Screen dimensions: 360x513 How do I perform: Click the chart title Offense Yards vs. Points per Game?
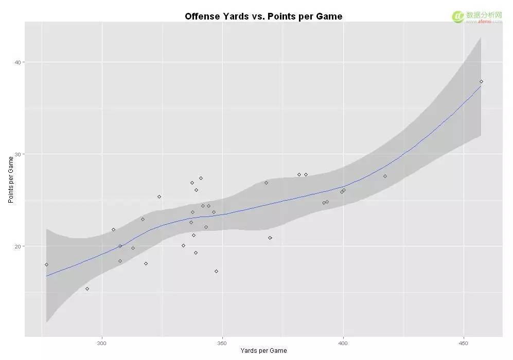click(x=263, y=16)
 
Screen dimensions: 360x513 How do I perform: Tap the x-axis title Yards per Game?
click(x=264, y=351)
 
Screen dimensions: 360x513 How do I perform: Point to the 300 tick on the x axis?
click(x=102, y=343)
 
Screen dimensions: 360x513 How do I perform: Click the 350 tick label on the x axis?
click(x=222, y=343)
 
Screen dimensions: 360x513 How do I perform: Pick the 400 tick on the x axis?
click(x=343, y=343)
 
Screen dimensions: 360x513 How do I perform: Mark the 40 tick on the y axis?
click(x=17, y=62)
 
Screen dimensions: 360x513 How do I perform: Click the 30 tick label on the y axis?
click(x=17, y=154)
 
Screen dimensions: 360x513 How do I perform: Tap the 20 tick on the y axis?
click(x=17, y=246)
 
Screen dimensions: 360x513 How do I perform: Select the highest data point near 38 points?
click(x=481, y=81)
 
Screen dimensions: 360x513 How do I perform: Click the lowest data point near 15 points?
click(x=87, y=289)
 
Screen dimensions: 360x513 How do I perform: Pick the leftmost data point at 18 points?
click(x=46, y=264)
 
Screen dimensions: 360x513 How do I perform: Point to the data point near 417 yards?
click(x=385, y=176)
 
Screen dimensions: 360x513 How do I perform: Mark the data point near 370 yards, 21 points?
click(x=270, y=238)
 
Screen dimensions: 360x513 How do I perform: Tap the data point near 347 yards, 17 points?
click(x=216, y=271)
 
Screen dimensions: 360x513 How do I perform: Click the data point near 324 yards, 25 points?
click(x=160, y=196)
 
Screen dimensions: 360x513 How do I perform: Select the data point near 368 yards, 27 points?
click(x=266, y=183)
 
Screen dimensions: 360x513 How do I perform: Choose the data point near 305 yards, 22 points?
click(x=113, y=229)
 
